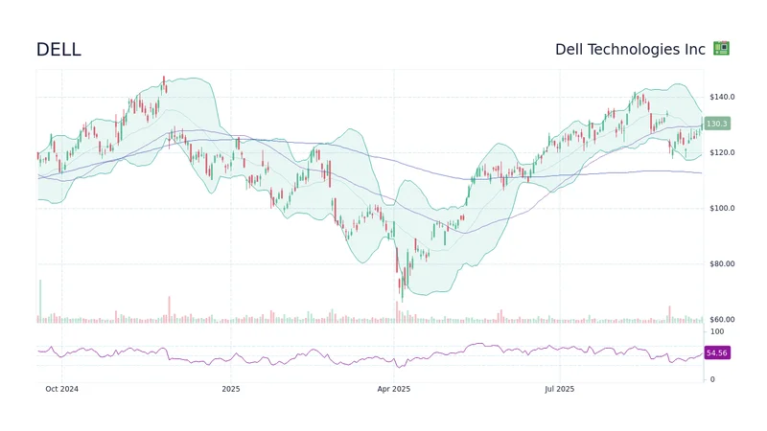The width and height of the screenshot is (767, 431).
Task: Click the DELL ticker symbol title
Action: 58,50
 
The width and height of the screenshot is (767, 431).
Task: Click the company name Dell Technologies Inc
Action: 630,49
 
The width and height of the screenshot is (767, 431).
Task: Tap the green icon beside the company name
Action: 722,49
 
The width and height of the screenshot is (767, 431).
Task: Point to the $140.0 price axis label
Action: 722,97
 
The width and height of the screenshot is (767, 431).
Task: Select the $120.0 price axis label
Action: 722,152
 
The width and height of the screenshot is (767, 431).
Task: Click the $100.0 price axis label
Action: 722,208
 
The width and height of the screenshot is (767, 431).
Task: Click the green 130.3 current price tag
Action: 716,124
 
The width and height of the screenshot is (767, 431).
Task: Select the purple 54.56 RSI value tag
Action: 716,353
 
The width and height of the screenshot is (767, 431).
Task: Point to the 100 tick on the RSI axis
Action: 716,331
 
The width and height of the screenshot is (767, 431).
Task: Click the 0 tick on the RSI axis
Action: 711,379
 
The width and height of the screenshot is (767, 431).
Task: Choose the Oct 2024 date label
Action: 61,389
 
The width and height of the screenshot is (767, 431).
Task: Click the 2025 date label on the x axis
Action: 230,389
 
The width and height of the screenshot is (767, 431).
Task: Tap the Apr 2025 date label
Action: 393,389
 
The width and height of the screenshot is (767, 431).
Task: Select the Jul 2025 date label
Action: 559,389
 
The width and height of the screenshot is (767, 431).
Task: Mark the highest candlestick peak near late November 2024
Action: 164,82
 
